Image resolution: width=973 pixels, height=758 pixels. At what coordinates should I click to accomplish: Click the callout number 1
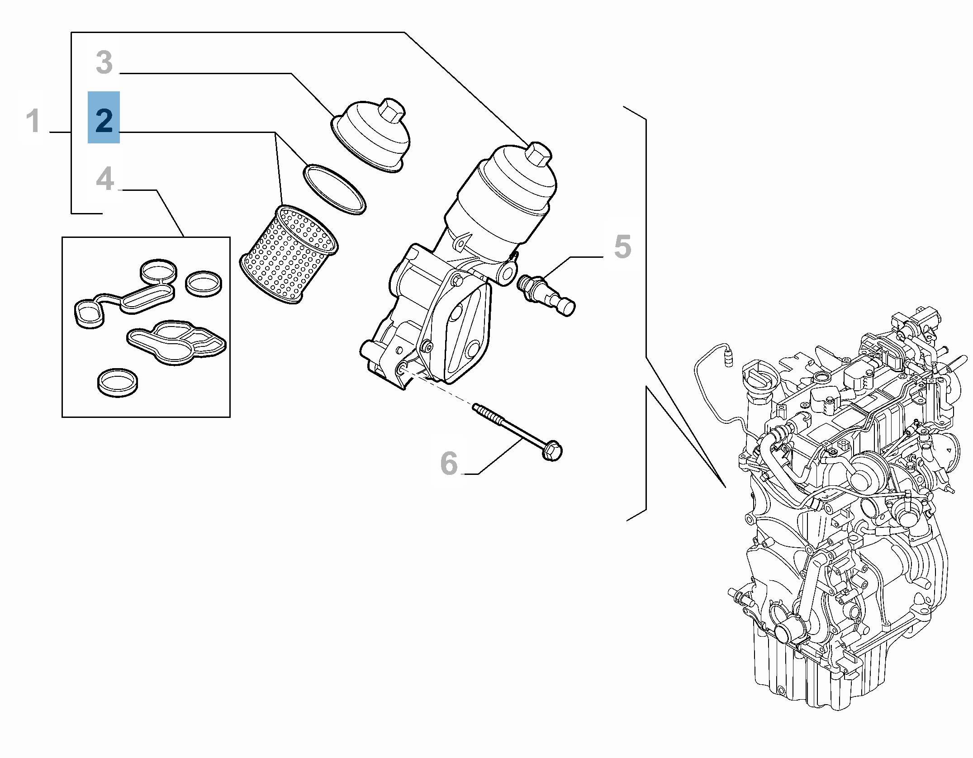[x=33, y=121]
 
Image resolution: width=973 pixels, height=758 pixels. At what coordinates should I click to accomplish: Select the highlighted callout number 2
[x=104, y=119]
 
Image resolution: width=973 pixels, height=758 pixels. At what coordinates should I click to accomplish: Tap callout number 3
[x=104, y=62]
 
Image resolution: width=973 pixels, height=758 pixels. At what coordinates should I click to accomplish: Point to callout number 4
[x=105, y=179]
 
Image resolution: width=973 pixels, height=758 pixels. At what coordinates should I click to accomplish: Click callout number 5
[x=622, y=246]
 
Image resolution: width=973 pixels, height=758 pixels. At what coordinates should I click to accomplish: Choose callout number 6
[x=449, y=463]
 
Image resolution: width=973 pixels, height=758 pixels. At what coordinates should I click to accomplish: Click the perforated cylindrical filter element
[x=288, y=255]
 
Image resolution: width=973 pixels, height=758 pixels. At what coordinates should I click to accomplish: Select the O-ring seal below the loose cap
[x=334, y=189]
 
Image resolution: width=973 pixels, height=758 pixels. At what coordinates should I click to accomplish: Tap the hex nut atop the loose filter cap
[x=392, y=110]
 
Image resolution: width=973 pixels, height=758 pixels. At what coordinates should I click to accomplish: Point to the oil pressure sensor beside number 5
[x=546, y=294]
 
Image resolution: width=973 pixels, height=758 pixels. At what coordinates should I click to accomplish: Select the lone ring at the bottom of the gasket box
[x=118, y=383]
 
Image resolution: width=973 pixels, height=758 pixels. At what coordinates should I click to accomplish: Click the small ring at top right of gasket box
[x=204, y=284]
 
